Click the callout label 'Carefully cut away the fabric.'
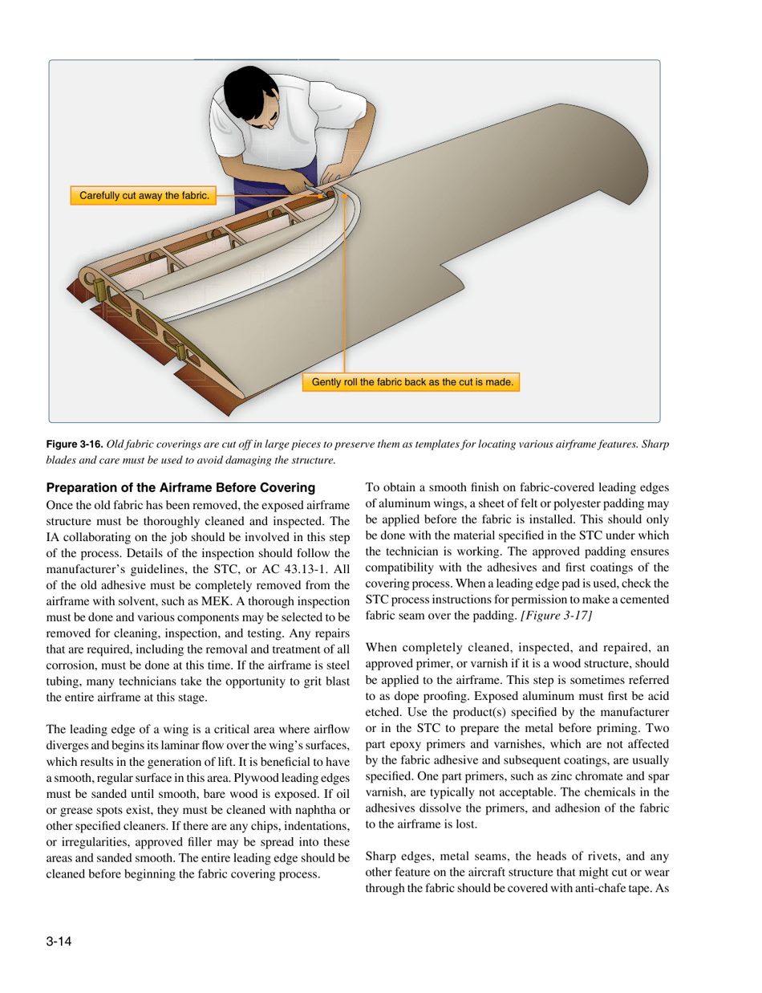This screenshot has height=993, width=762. coord(140,195)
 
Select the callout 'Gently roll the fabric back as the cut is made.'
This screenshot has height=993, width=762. coord(411,382)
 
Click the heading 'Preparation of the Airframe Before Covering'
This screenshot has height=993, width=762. coord(183,487)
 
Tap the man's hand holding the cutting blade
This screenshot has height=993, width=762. coord(315,189)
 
